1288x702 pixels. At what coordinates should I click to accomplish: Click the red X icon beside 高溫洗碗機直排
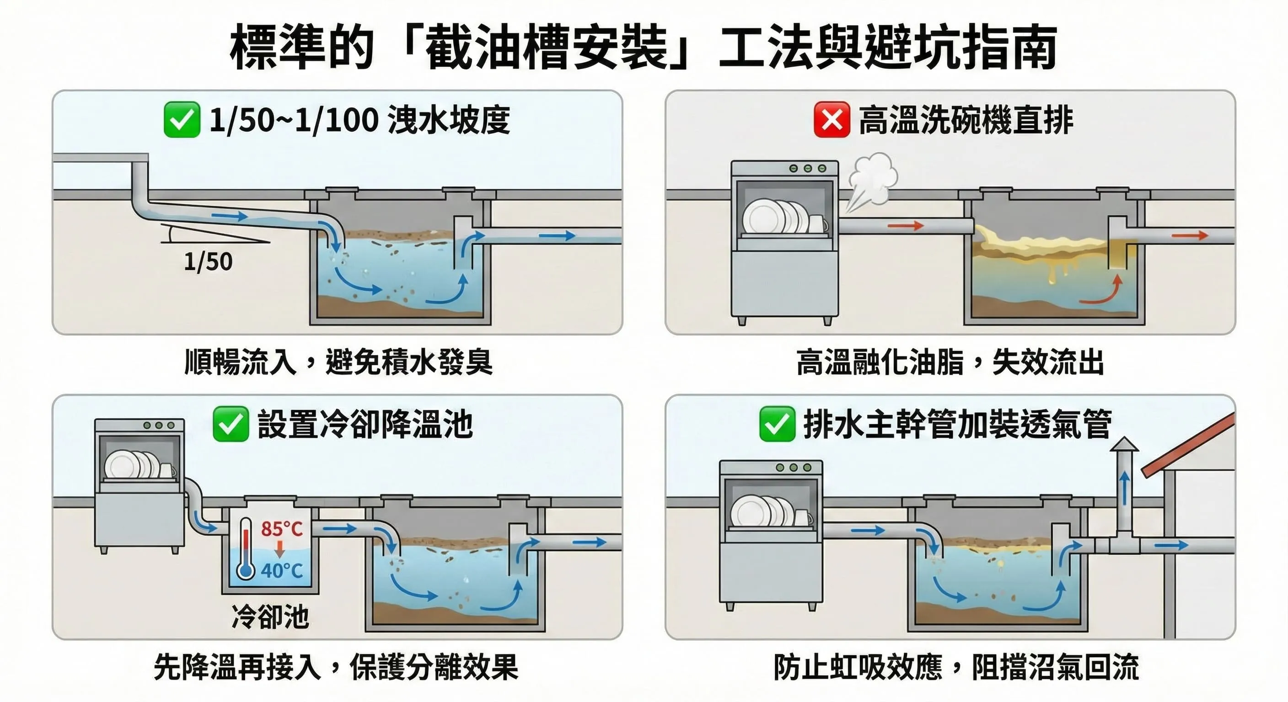[x=832, y=119]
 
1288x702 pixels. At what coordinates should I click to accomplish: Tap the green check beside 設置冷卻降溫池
[x=231, y=424]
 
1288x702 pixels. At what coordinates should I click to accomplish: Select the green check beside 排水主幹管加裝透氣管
[x=777, y=424]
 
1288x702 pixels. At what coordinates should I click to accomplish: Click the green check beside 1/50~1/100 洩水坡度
[x=182, y=119]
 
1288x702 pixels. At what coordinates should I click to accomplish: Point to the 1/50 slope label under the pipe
[x=208, y=262]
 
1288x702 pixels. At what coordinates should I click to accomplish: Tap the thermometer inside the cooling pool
[x=246, y=548]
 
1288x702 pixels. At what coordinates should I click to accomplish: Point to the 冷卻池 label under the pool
[x=270, y=617]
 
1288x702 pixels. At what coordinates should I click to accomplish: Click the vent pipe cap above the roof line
[x=1124, y=444]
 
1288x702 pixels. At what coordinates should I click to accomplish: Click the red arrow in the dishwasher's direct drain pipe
[x=906, y=226]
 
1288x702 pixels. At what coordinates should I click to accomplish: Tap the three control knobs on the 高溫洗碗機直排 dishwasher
[x=807, y=168]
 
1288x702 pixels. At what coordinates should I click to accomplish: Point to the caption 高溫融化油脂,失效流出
[x=950, y=362]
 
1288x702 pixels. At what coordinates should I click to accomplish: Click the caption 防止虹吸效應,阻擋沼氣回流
[x=955, y=666]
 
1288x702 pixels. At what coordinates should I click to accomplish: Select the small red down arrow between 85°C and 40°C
[x=280, y=548]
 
